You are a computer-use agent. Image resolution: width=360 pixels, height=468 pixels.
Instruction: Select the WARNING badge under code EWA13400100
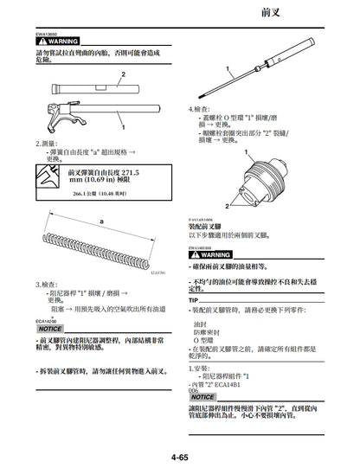[210, 255]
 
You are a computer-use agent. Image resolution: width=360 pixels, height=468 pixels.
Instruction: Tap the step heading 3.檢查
[48, 284]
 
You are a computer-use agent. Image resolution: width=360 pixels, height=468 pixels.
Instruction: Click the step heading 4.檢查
[200, 109]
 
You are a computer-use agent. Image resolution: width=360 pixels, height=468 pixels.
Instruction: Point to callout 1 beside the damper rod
[226, 67]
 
